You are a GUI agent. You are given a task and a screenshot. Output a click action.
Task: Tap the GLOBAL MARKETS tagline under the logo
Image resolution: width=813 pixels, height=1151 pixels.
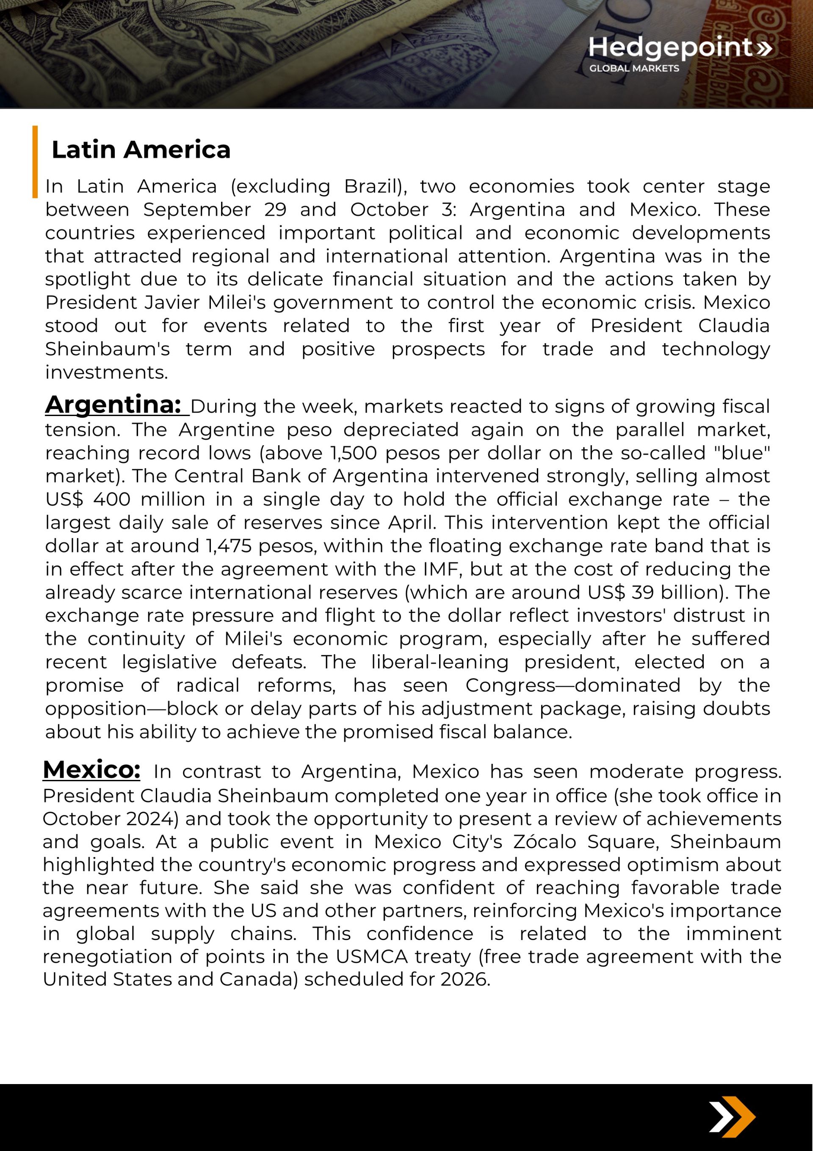click(634, 68)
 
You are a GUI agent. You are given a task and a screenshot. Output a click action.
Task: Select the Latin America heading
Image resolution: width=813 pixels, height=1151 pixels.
click(141, 150)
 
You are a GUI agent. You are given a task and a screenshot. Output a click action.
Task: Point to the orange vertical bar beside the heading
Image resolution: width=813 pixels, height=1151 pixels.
click(35, 161)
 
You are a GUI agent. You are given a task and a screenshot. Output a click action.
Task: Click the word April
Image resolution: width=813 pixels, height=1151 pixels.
click(411, 523)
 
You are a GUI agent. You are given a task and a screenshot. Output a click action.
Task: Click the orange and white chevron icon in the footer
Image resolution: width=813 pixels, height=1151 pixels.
click(732, 1117)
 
